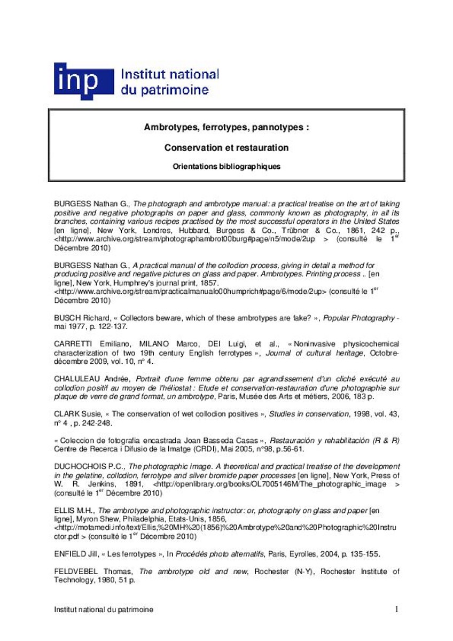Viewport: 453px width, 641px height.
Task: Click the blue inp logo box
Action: click(83, 81)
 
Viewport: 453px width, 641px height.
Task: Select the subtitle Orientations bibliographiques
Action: click(226, 166)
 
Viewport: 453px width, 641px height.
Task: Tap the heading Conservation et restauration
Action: click(226, 147)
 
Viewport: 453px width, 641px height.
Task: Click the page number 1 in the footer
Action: click(396, 609)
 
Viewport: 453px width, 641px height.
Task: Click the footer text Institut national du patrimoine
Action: click(104, 609)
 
